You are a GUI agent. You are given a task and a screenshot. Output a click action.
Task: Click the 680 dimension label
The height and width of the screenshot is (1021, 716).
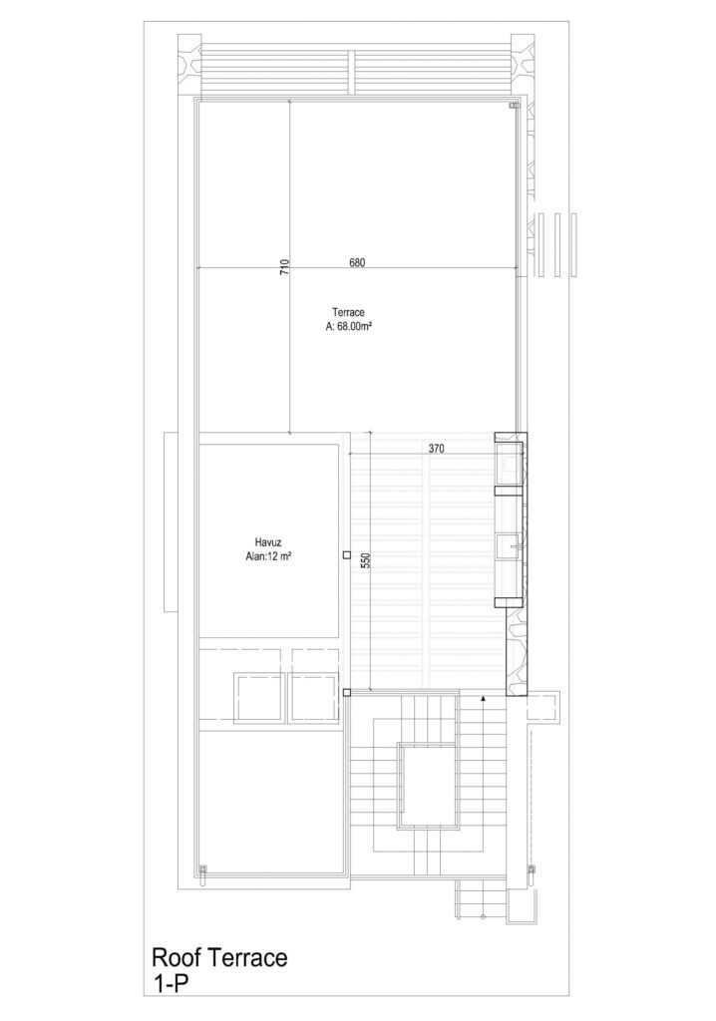[357, 263]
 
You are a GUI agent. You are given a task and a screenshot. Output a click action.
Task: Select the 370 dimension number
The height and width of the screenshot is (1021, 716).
[437, 449]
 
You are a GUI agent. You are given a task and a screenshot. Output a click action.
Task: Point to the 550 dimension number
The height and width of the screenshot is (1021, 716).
[366, 560]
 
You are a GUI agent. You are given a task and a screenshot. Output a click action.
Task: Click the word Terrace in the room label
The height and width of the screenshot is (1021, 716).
[348, 312]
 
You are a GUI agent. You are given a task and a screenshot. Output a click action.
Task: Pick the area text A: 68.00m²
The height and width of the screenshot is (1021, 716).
[349, 327]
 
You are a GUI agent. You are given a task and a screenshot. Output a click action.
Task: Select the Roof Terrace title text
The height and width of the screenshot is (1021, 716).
[219, 958]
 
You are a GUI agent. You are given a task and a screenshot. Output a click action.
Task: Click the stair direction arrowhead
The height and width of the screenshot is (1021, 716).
[483, 698]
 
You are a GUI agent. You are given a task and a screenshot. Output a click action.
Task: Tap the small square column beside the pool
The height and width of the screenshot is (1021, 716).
[347, 555]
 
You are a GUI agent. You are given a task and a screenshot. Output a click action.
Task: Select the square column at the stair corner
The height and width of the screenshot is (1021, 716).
[347, 692]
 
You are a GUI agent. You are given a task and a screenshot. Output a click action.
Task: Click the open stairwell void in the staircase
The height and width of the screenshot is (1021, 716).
[427, 786]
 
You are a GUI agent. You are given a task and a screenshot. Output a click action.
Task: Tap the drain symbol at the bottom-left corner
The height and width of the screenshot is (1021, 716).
[202, 871]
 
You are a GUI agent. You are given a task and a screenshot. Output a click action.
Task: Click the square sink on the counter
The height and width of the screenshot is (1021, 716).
[510, 545]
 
